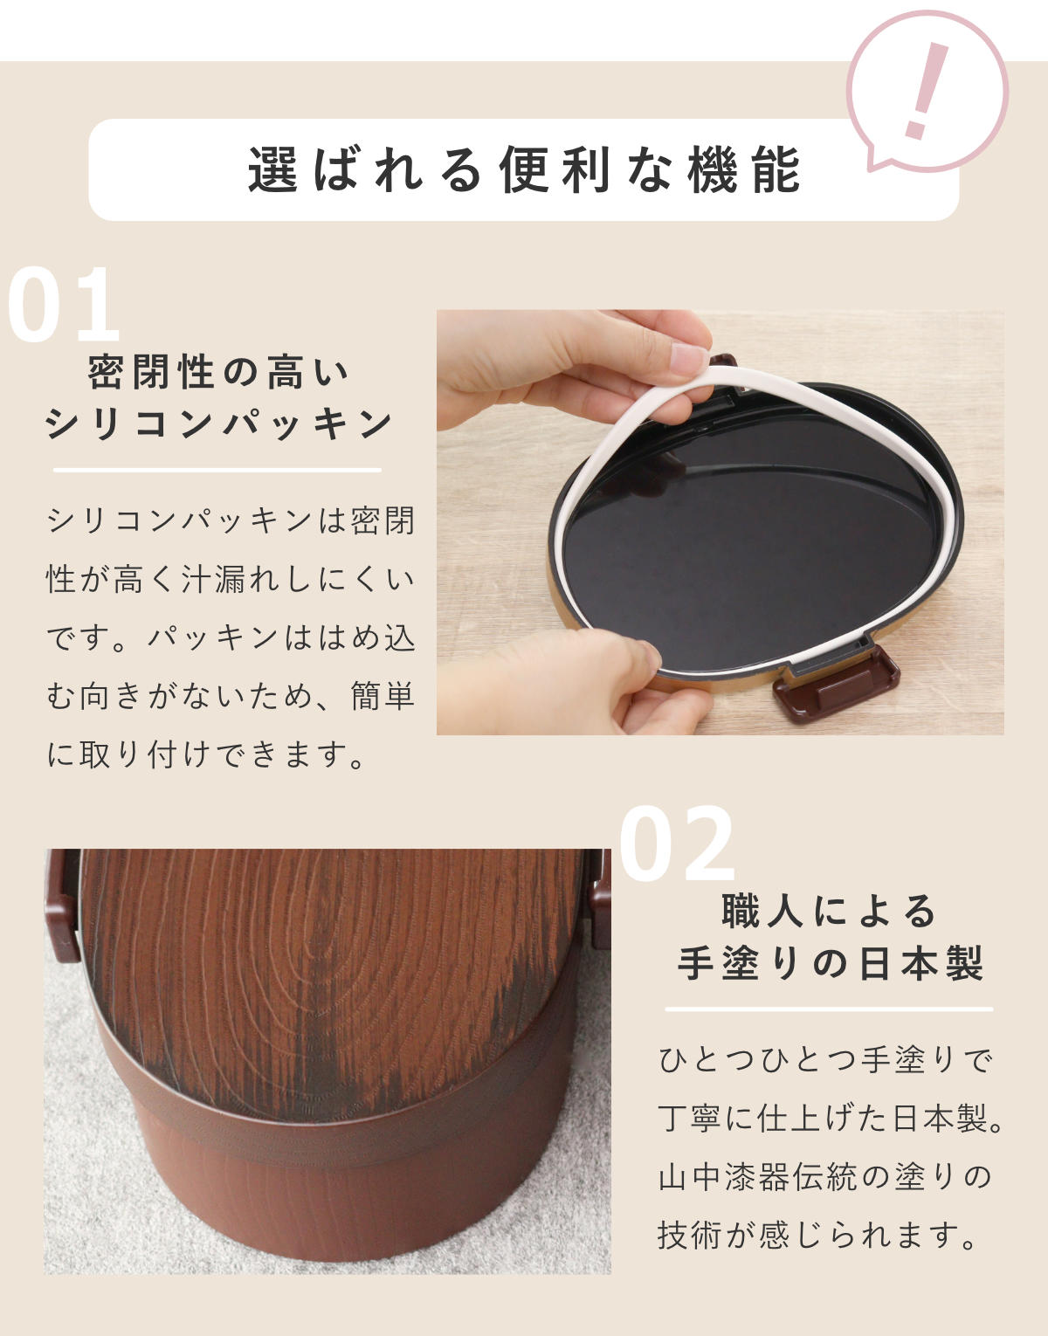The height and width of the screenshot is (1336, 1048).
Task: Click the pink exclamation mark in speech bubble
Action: coord(923,91)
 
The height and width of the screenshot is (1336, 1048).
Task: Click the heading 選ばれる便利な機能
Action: coord(524,169)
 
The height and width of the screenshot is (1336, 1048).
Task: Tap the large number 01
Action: coord(63,306)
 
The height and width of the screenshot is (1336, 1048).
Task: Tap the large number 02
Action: coord(677,845)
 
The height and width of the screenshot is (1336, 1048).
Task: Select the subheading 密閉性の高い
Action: coord(218,373)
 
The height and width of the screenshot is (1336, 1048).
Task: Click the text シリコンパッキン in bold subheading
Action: coord(218,424)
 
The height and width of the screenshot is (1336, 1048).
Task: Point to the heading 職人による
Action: coord(829,912)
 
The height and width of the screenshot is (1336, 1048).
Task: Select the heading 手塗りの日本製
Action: coord(830,964)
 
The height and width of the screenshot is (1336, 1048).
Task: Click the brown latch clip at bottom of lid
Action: coord(837,686)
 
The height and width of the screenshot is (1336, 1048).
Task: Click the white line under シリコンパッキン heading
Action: coord(217,470)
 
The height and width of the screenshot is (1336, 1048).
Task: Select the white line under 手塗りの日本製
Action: coord(829,1009)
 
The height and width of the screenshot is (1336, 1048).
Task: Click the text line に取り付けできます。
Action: coord(206,754)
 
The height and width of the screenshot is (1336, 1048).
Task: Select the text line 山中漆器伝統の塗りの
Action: coord(825,1177)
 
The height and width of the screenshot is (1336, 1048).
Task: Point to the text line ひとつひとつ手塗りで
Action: coord(825,1060)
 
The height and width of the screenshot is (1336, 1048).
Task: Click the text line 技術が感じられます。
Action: coord(817,1235)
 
